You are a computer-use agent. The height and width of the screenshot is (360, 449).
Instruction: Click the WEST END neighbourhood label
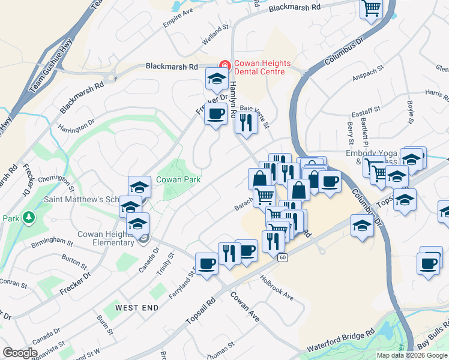(137, 307)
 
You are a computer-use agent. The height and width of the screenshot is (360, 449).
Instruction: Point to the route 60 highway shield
(283, 257)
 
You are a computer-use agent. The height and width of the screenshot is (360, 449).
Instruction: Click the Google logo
(20, 353)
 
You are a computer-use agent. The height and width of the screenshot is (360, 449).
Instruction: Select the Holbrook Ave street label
(277, 287)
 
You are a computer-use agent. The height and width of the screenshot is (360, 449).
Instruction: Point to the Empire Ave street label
(178, 19)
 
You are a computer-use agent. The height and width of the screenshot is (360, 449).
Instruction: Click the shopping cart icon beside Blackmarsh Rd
(372, 8)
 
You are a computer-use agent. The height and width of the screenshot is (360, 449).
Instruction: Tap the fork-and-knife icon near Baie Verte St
(246, 122)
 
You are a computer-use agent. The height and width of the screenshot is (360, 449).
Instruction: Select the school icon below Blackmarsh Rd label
(216, 78)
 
